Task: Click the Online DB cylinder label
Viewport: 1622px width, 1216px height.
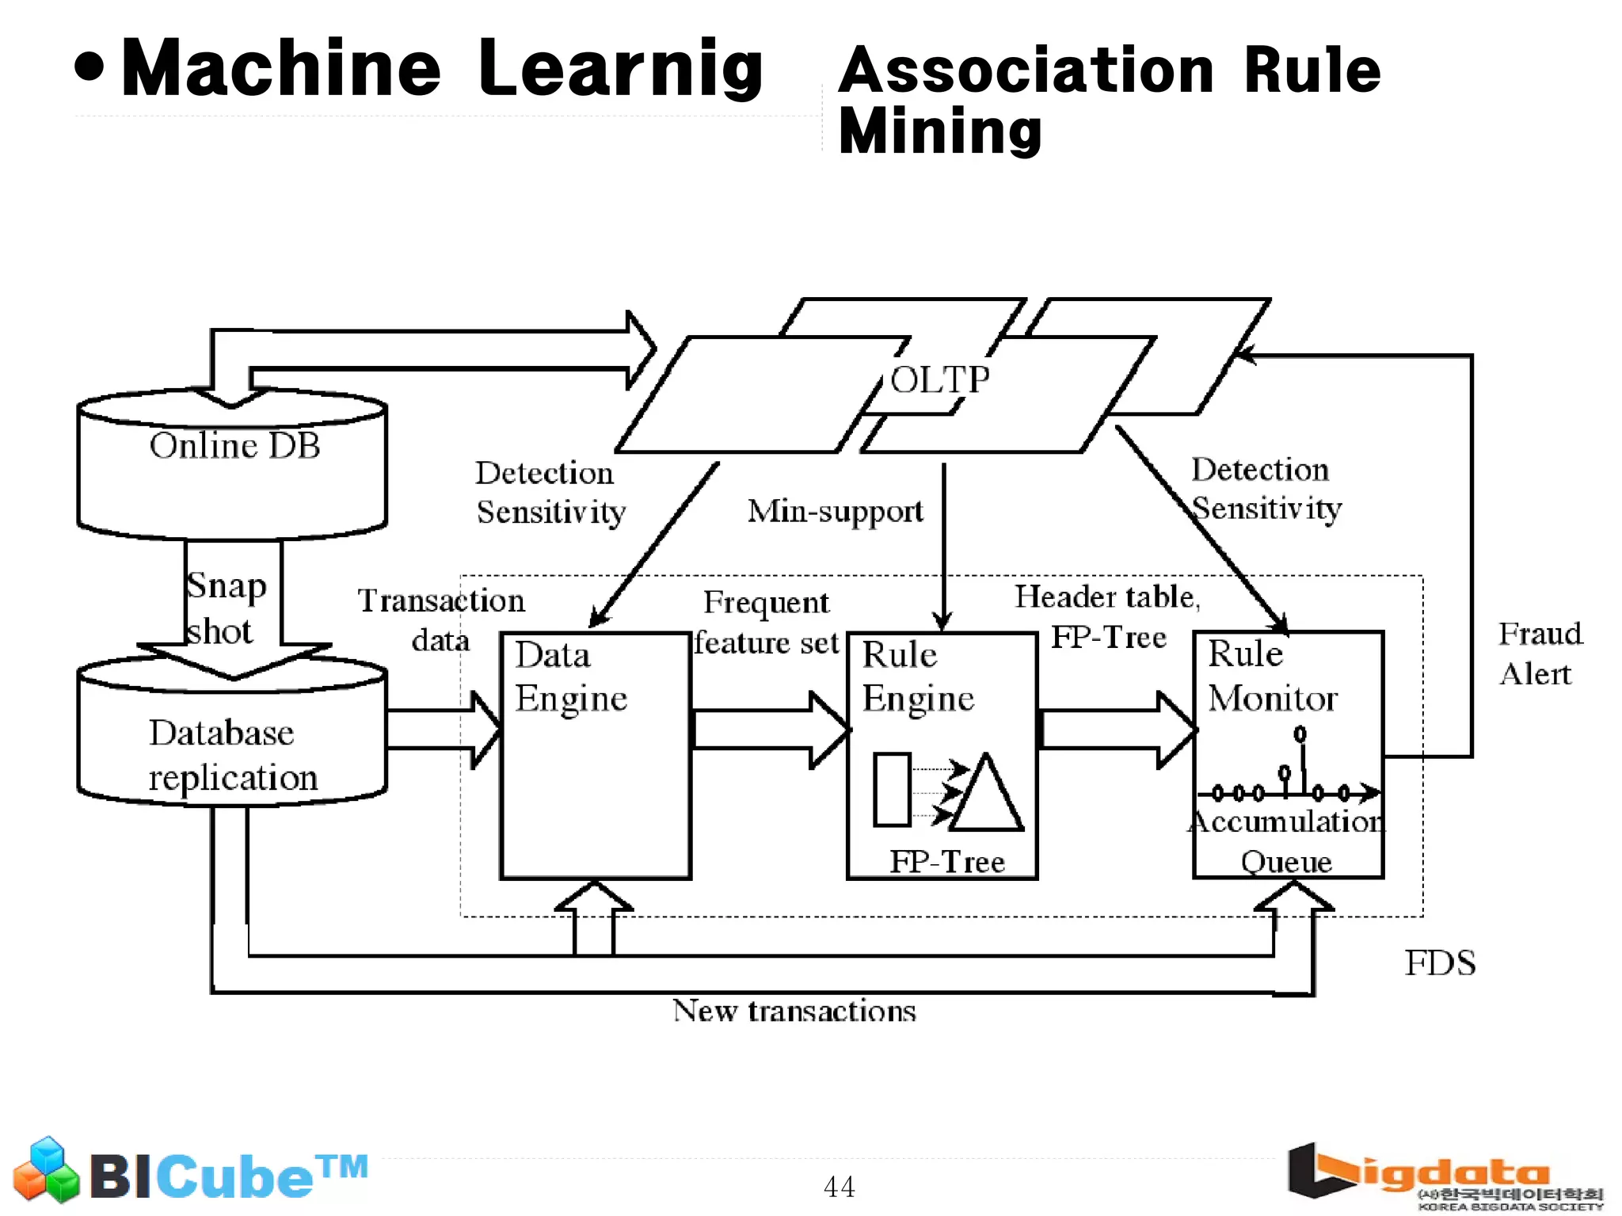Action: (x=234, y=446)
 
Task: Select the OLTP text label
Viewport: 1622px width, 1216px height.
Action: (x=940, y=380)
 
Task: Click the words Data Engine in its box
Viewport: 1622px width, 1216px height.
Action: (x=569, y=677)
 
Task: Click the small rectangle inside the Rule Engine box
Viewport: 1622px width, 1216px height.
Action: (x=892, y=790)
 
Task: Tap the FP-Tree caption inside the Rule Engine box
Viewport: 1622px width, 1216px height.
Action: (x=947, y=861)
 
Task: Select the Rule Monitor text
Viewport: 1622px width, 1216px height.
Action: (x=1271, y=677)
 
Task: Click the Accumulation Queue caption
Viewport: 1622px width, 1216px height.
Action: (x=1286, y=841)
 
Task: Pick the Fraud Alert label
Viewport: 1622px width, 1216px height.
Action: (x=1539, y=654)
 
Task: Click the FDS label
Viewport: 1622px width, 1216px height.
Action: (x=1440, y=963)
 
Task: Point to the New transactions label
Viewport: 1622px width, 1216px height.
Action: (x=794, y=1012)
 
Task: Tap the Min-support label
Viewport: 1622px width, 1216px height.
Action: (x=835, y=511)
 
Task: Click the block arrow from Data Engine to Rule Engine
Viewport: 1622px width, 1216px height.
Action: (x=768, y=730)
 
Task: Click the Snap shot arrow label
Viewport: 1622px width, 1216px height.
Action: (x=225, y=608)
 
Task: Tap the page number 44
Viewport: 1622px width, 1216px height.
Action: (x=839, y=1187)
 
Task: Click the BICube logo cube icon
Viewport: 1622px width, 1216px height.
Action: (x=46, y=1170)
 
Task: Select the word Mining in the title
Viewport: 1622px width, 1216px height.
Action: (x=940, y=131)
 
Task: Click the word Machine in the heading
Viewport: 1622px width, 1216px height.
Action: (x=280, y=69)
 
